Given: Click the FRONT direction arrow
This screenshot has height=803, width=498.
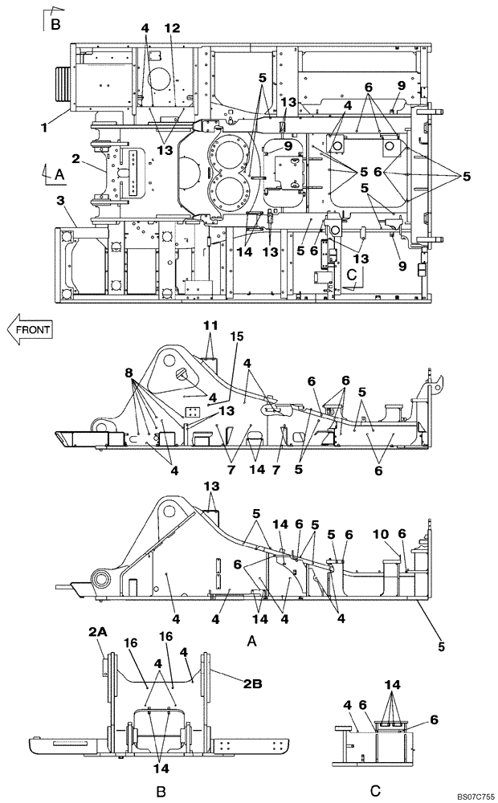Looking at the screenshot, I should click(x=30, y=329).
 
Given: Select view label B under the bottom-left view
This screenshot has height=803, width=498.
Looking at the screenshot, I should click(x=161, y=791).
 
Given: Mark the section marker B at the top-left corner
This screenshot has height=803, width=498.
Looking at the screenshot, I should click(x=55, y=25).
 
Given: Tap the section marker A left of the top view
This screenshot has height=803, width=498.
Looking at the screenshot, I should click(x=58, y=173).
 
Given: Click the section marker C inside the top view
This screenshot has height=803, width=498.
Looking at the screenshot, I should click(x=352, y=274).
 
